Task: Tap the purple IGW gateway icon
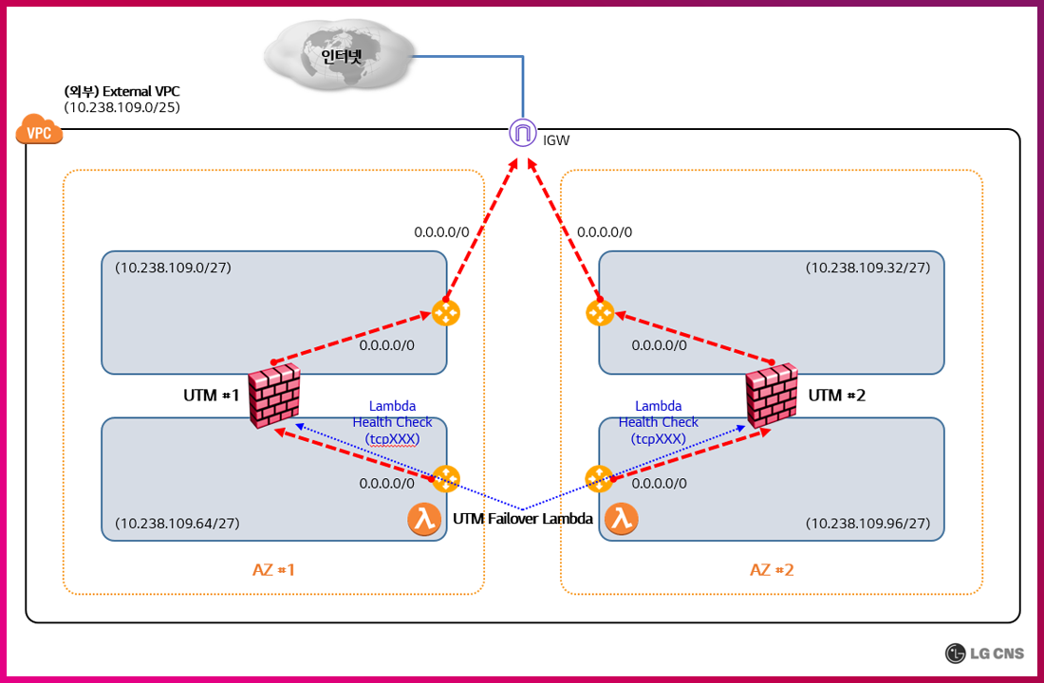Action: pyautogui.click(x=522, y=134)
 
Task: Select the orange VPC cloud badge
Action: pyautogui.click(x=39, y=132)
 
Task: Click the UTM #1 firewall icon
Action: pyautogui.click(x=274, y=396)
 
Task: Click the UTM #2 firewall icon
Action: pyautogui.click(x=771, y=396)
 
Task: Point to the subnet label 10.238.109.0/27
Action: pyautogui.click(x=174, y=268)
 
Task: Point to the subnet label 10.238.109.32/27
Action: pyautogui.click(x=867, y=268)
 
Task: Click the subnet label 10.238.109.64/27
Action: pyautogui.click(x=177, y=523)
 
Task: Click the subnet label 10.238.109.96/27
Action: pyautogui.click(x=867, y=523)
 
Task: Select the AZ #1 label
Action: pyautogui.click(x=274, y=569)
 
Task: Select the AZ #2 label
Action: pyautogui.click(x=772, y=569)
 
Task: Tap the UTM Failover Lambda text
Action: pyautogui.click(x=523, y=519)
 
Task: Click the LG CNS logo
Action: pyautogui.click(x=986, y=653)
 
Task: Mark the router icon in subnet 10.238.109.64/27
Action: pyautogui.click(x=446, y=479)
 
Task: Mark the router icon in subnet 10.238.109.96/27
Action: pyautogui.click(x=599, y=479)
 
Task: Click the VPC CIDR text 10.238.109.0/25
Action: pyautogui.click(x=122, y=107)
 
